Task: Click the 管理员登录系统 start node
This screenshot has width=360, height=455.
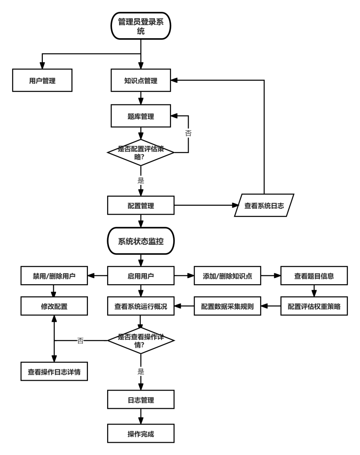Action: click(141, 26)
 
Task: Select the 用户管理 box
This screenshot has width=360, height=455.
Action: click(42, 80)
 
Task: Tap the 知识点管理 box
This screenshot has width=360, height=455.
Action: click(141, 80)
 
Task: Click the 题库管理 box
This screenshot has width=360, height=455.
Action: click(141, 116)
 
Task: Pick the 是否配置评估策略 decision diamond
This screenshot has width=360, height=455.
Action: click(141, 152)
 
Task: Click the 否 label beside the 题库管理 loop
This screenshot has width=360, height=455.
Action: click(188, 133)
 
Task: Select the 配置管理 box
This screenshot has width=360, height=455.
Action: click(141, 205)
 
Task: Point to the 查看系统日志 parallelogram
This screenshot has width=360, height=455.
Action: click(264, 205)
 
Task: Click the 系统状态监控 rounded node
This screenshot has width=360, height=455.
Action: click(141, 241)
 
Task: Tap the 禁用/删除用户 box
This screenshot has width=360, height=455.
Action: click(54, 276)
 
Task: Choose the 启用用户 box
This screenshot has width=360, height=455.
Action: click(141, 276)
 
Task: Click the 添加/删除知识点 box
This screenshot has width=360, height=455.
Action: click(227, 276)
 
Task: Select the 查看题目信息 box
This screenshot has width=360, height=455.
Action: click(314, 276)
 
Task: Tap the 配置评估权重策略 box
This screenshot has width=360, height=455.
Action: click(314, 306)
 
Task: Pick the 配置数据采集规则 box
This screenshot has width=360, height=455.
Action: click(227, 306)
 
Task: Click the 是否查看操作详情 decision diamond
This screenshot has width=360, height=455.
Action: click(141, 340)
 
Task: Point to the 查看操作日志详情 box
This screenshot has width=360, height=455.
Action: click(54, 372)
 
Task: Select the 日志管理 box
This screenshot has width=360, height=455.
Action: click(141, 399)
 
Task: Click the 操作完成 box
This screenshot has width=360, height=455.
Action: click(141, 434)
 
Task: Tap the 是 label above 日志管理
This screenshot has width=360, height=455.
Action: click(141, 372)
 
